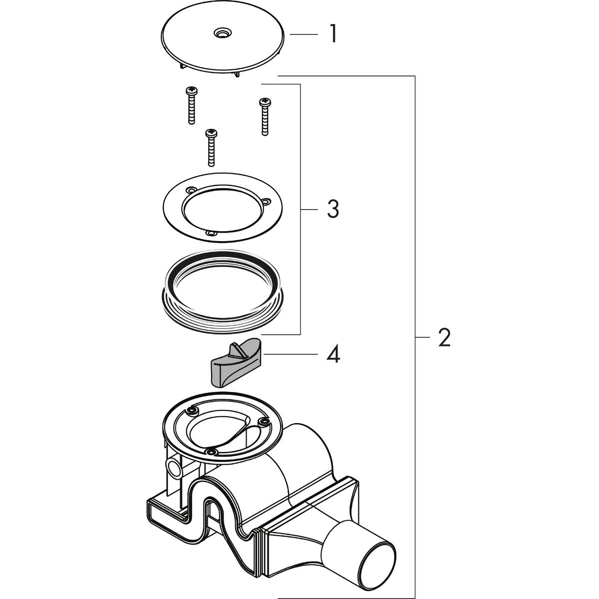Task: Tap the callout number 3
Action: click(333, 210)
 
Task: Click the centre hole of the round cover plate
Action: click(220, 33)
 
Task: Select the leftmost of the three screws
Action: click(191, 105)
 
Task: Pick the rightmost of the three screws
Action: click(264, 116)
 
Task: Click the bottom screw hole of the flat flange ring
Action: click(211, 233)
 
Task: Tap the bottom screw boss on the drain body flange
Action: click(212, 452)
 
